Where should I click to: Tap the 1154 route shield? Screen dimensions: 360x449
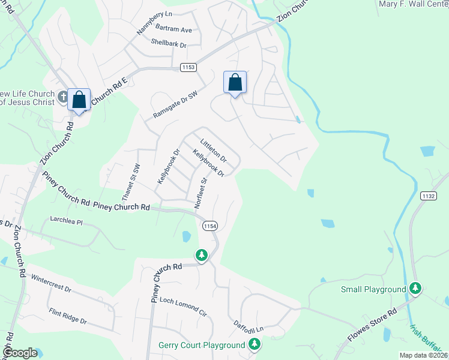[209, 226]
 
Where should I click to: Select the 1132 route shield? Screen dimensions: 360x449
[428, 196]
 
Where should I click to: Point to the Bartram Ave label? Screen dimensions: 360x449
[173, 29]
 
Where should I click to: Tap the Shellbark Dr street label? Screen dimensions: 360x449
[169, 44]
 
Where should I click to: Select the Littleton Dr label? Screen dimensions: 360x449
[214, 151]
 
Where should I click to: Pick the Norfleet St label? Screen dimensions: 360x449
[200, 192]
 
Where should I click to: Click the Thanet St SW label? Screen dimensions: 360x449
[130, 182]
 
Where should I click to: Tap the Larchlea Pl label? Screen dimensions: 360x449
[66, 220]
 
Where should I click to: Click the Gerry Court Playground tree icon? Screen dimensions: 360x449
[255, 344]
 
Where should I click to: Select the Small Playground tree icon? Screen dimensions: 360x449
[415, 289]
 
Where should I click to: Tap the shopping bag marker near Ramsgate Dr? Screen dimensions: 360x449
[235, 82]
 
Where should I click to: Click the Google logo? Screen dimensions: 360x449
[20, 353]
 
